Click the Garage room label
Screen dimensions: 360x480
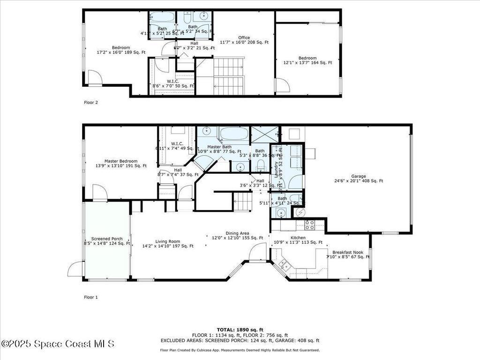click(x=359, y=176)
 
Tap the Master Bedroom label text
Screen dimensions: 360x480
click(x=121, y=161)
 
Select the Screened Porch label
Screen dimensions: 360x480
click(x=107, y=239)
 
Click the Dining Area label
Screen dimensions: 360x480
click(x=237, y=233)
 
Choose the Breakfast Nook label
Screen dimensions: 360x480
click(x=348, y=252)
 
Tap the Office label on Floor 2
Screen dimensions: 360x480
click(x=244, y=37)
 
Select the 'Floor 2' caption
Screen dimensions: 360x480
click(x=91, y=102)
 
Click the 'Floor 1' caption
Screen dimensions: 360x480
click(x=91, y=297)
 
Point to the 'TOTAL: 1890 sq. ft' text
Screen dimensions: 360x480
click(x=240, y=330)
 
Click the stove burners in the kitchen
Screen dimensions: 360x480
click(x=309, y=225)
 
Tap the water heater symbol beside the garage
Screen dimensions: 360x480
click(x=299, y=212)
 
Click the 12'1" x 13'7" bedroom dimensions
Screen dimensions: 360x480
click(x=307, y=62)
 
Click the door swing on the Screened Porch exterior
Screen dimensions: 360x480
click(x=76, y=269)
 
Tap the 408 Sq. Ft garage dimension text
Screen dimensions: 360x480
click(x=359, y=181)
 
